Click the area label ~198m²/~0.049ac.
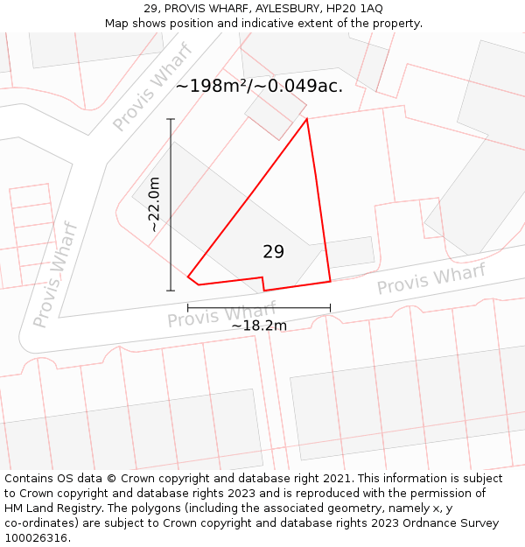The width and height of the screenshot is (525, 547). [259, 86]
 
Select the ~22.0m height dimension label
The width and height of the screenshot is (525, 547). [154, 204]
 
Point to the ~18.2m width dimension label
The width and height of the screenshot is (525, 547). [259, 326]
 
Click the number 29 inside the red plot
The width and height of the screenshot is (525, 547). [273, 252]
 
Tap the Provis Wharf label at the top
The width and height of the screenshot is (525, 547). [152, 87]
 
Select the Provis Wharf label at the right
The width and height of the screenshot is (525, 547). [430, 279]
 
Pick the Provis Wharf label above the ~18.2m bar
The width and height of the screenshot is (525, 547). [221, 313]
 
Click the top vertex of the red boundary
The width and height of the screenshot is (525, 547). [307, 119]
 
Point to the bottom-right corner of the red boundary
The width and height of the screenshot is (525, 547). [330, 281]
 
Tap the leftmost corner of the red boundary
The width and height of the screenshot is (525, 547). [188, 277]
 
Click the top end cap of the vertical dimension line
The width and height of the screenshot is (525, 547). [171, 119]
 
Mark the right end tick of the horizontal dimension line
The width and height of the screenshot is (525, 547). [330, 307]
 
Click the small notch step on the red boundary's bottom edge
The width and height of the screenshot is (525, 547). [263, 284]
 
